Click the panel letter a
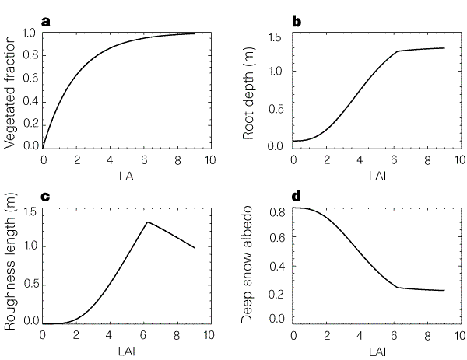[46, 21]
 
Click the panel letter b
[297, 21]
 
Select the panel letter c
[45, 197]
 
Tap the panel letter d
[297, 197]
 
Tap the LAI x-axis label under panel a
[125, 177]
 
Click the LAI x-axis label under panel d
[376, 353]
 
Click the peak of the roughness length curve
[148, 222]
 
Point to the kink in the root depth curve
[398, 51]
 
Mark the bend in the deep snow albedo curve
[398, 288]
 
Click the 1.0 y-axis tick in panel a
[30, 33]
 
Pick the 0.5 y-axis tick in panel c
[30, 283]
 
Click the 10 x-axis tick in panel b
[459, 160]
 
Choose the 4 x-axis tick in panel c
[109, 337]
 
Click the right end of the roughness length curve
[194, 248]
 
